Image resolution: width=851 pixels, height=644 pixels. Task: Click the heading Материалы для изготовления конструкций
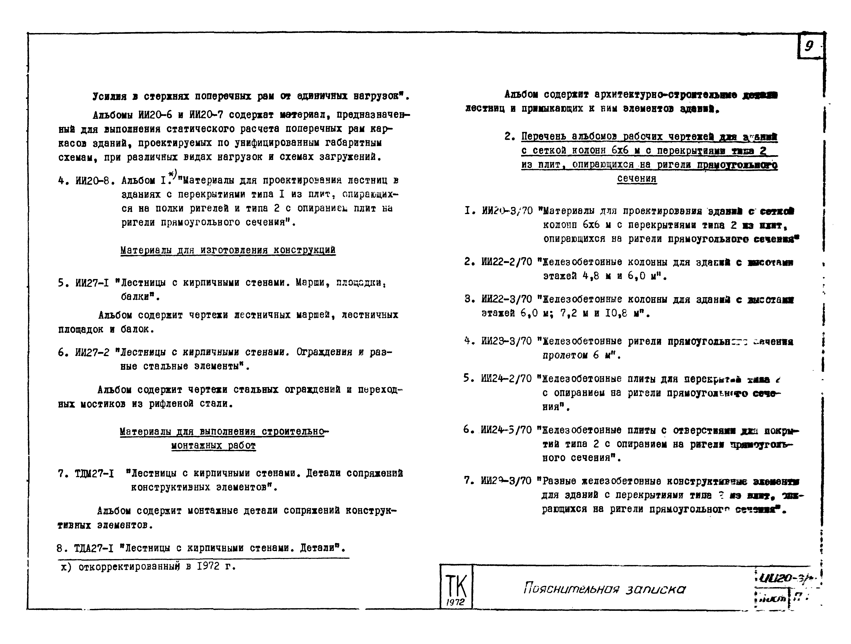click(x=228, y=250)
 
